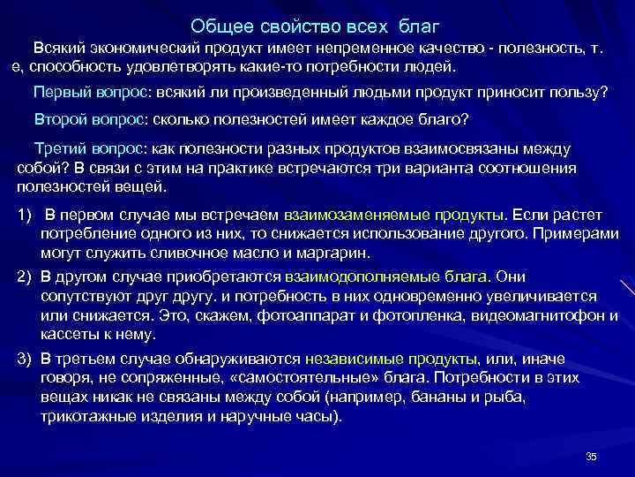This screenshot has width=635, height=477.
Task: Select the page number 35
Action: click(x=591, y=456)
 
